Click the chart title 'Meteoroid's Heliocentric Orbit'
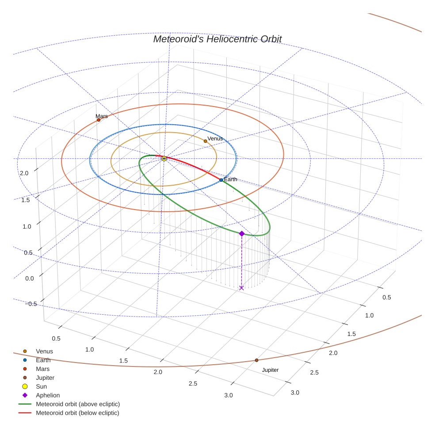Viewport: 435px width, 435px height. [217, 39]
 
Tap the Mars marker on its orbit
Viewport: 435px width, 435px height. [99, 120]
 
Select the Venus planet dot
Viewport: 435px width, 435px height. [205, 141]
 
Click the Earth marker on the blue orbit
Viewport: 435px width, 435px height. [221, 180]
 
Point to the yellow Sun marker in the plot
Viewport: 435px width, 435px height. [164, 158]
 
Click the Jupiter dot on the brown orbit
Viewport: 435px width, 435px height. [256, 360]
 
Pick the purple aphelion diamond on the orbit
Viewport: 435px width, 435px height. [242, 233]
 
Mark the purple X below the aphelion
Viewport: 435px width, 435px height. [241, 288]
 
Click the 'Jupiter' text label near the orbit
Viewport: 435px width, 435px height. [270, 370]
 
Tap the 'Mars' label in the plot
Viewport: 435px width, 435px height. [102, 116]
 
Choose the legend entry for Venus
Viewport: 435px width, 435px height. [44, 351]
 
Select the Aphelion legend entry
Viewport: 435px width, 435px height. [48, 395]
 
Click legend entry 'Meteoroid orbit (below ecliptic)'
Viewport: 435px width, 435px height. [77, 413]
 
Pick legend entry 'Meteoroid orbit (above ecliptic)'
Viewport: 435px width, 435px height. [77, 404]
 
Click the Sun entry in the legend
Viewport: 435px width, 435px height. [41, 386]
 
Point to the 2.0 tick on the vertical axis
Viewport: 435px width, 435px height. [24, 173]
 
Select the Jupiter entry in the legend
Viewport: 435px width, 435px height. [45, 378]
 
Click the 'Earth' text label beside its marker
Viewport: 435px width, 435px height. [230, 179]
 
